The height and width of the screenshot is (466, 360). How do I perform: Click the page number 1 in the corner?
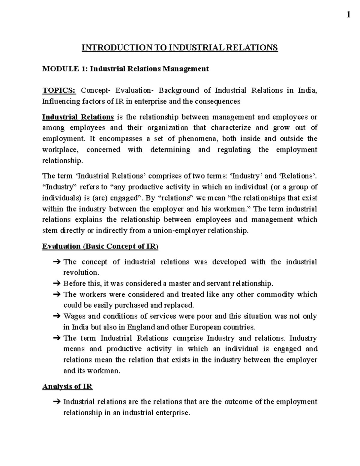pyautogui.click(x=348, y=14)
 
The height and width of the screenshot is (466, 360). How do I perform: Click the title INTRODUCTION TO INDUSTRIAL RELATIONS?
pyautogui.click(x=180, y=48)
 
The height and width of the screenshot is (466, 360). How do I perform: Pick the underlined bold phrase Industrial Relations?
pyautogui.click(x=78, y=117)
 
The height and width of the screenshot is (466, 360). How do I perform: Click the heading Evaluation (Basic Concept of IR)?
pyautogui.click(x=100, y=246)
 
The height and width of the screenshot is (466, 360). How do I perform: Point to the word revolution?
pyautogui.click(x=81, y=273)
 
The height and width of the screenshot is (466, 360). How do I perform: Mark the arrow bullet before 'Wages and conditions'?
pyautogui.click(x=57, y=316)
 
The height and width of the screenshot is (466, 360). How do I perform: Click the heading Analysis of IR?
pyautogui.click(x=67, y=386)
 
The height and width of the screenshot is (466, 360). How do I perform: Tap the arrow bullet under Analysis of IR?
pyautogui.click(x=57, y=402)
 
